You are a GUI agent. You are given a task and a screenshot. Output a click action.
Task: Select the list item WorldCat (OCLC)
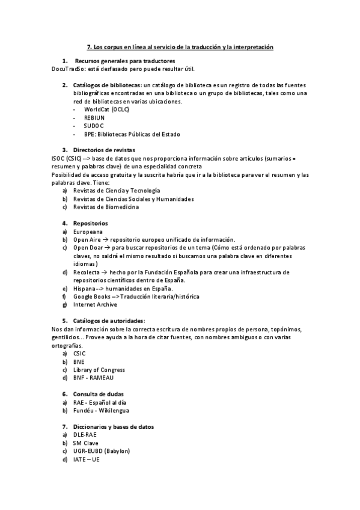coord(106,109)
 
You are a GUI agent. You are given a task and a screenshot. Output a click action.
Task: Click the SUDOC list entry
coord(94,126)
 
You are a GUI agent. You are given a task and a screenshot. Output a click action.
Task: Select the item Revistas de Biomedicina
coord(106,207)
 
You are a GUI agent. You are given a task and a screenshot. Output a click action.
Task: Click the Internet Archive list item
coord(95,305)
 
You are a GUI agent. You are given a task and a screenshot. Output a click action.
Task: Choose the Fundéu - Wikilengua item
coord(101,411)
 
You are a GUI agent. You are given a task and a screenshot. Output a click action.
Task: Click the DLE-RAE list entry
coord(85,435)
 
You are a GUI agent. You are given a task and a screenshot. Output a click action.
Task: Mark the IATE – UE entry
coord(87,459)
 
